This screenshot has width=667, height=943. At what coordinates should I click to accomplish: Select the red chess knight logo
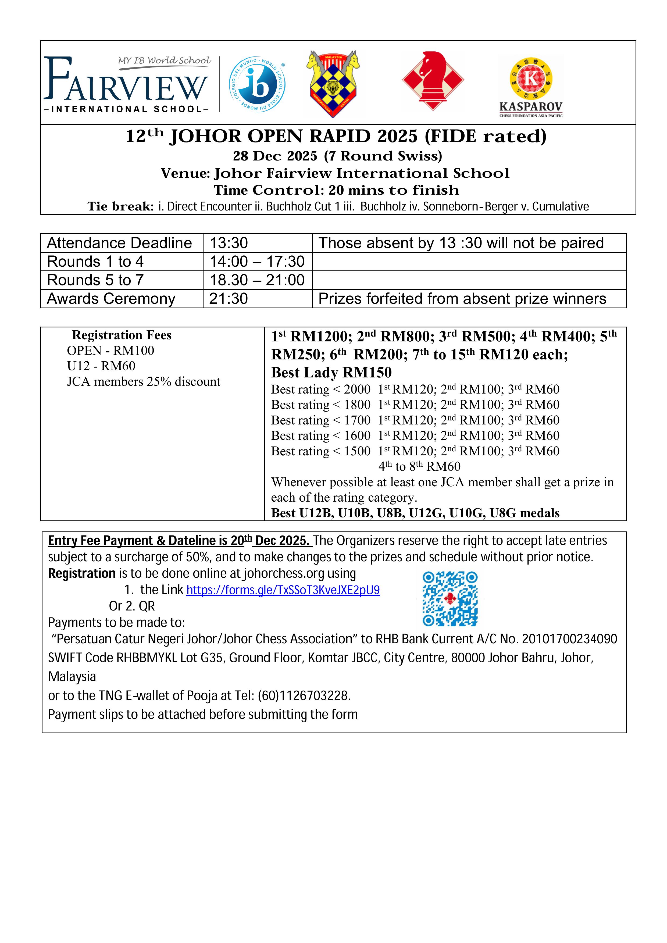tap(433, 80)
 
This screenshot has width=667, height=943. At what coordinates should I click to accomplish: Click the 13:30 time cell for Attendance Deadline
tap(229, 243)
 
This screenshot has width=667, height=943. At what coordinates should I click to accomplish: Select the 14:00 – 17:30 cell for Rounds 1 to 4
tap(257, 262)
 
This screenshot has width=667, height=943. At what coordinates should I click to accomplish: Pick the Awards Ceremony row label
tap(111, 299)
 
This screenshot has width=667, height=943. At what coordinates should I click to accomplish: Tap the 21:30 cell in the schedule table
tap(229, 299)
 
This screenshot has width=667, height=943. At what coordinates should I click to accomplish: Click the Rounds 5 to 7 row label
tap(95, 280)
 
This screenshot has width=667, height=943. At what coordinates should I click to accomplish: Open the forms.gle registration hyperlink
tap(283, 590)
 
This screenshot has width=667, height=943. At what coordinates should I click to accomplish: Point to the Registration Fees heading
tap(122, 335)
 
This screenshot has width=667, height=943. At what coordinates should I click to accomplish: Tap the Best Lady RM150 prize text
tap(331, 373)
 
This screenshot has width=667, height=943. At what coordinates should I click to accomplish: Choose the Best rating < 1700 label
tap(321, 420)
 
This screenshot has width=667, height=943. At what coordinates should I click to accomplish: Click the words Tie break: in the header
tap(120, 206)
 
